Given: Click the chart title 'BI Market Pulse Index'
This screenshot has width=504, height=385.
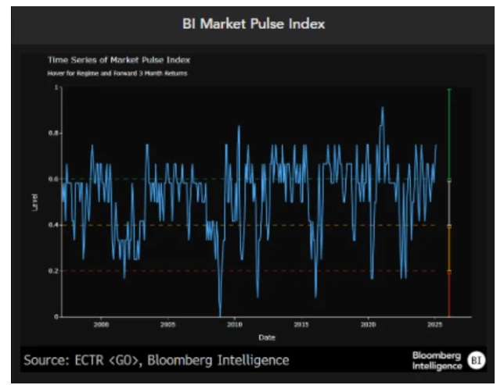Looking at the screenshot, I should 252,24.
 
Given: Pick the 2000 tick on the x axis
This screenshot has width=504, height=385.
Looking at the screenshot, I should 101,324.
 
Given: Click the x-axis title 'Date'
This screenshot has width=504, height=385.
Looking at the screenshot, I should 267,337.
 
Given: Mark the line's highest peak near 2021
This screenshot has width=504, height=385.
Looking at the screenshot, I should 383,107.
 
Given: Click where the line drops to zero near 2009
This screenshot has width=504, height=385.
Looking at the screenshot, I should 221,315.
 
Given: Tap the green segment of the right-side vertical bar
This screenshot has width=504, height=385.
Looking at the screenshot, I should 449,133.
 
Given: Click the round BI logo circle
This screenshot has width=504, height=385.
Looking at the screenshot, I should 476,360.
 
